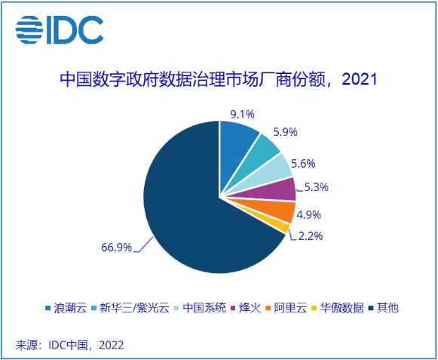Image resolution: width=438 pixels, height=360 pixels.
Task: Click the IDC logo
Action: click(60, 31)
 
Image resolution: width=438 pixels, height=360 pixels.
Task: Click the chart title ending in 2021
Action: click(218, 79)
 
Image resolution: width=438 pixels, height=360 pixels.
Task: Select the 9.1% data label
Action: click(241, 115)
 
